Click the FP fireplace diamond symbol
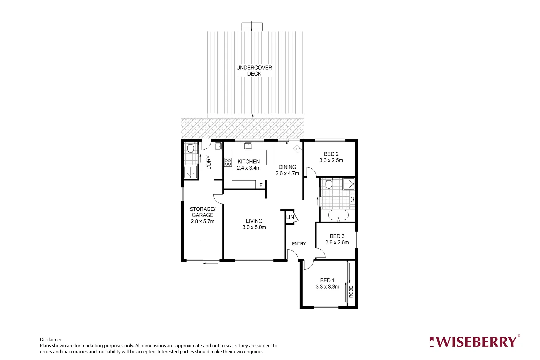(x=297, y=149)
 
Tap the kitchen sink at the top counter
(x=248, y=146)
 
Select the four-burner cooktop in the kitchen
(x=228, y=162)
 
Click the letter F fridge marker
(x=261, y=185)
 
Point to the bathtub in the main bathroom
(x=338, y=215)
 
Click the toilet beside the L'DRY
(x=191, y=147)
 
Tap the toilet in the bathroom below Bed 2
(x=329, y=184)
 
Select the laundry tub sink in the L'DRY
(x=218, y=146)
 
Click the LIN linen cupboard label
(x=290, y=217)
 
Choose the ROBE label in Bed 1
(x=351, y=292)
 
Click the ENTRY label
(x=299, y=244)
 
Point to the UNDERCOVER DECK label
(x=254, y=71)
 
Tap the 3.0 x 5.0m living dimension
(x=254, y=227)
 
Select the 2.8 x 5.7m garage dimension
(x=203, y=221)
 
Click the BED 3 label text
(x=337, y=236)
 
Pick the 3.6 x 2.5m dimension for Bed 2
(x=331, y=160)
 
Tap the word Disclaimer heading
(x=51, y=340)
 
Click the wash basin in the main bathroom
(x=352, y=199)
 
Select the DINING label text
(x=287, y=167)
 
